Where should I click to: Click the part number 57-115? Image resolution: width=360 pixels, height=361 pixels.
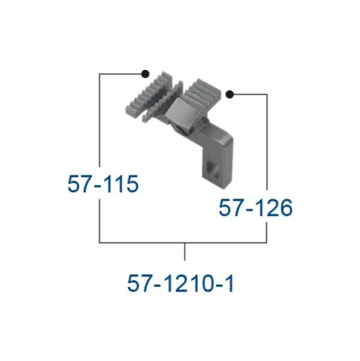103,184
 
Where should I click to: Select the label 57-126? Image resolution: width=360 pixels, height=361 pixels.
255,208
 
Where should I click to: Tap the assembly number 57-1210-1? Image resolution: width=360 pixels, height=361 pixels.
180,283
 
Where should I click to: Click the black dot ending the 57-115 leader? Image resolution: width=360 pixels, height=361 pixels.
146,74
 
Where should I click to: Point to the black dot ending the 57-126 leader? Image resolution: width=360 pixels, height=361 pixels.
229,94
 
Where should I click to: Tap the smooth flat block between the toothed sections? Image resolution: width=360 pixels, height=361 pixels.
180,110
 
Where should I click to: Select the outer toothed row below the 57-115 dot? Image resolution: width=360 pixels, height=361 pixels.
147,92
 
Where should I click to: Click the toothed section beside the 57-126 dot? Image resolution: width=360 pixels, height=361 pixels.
204,92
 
